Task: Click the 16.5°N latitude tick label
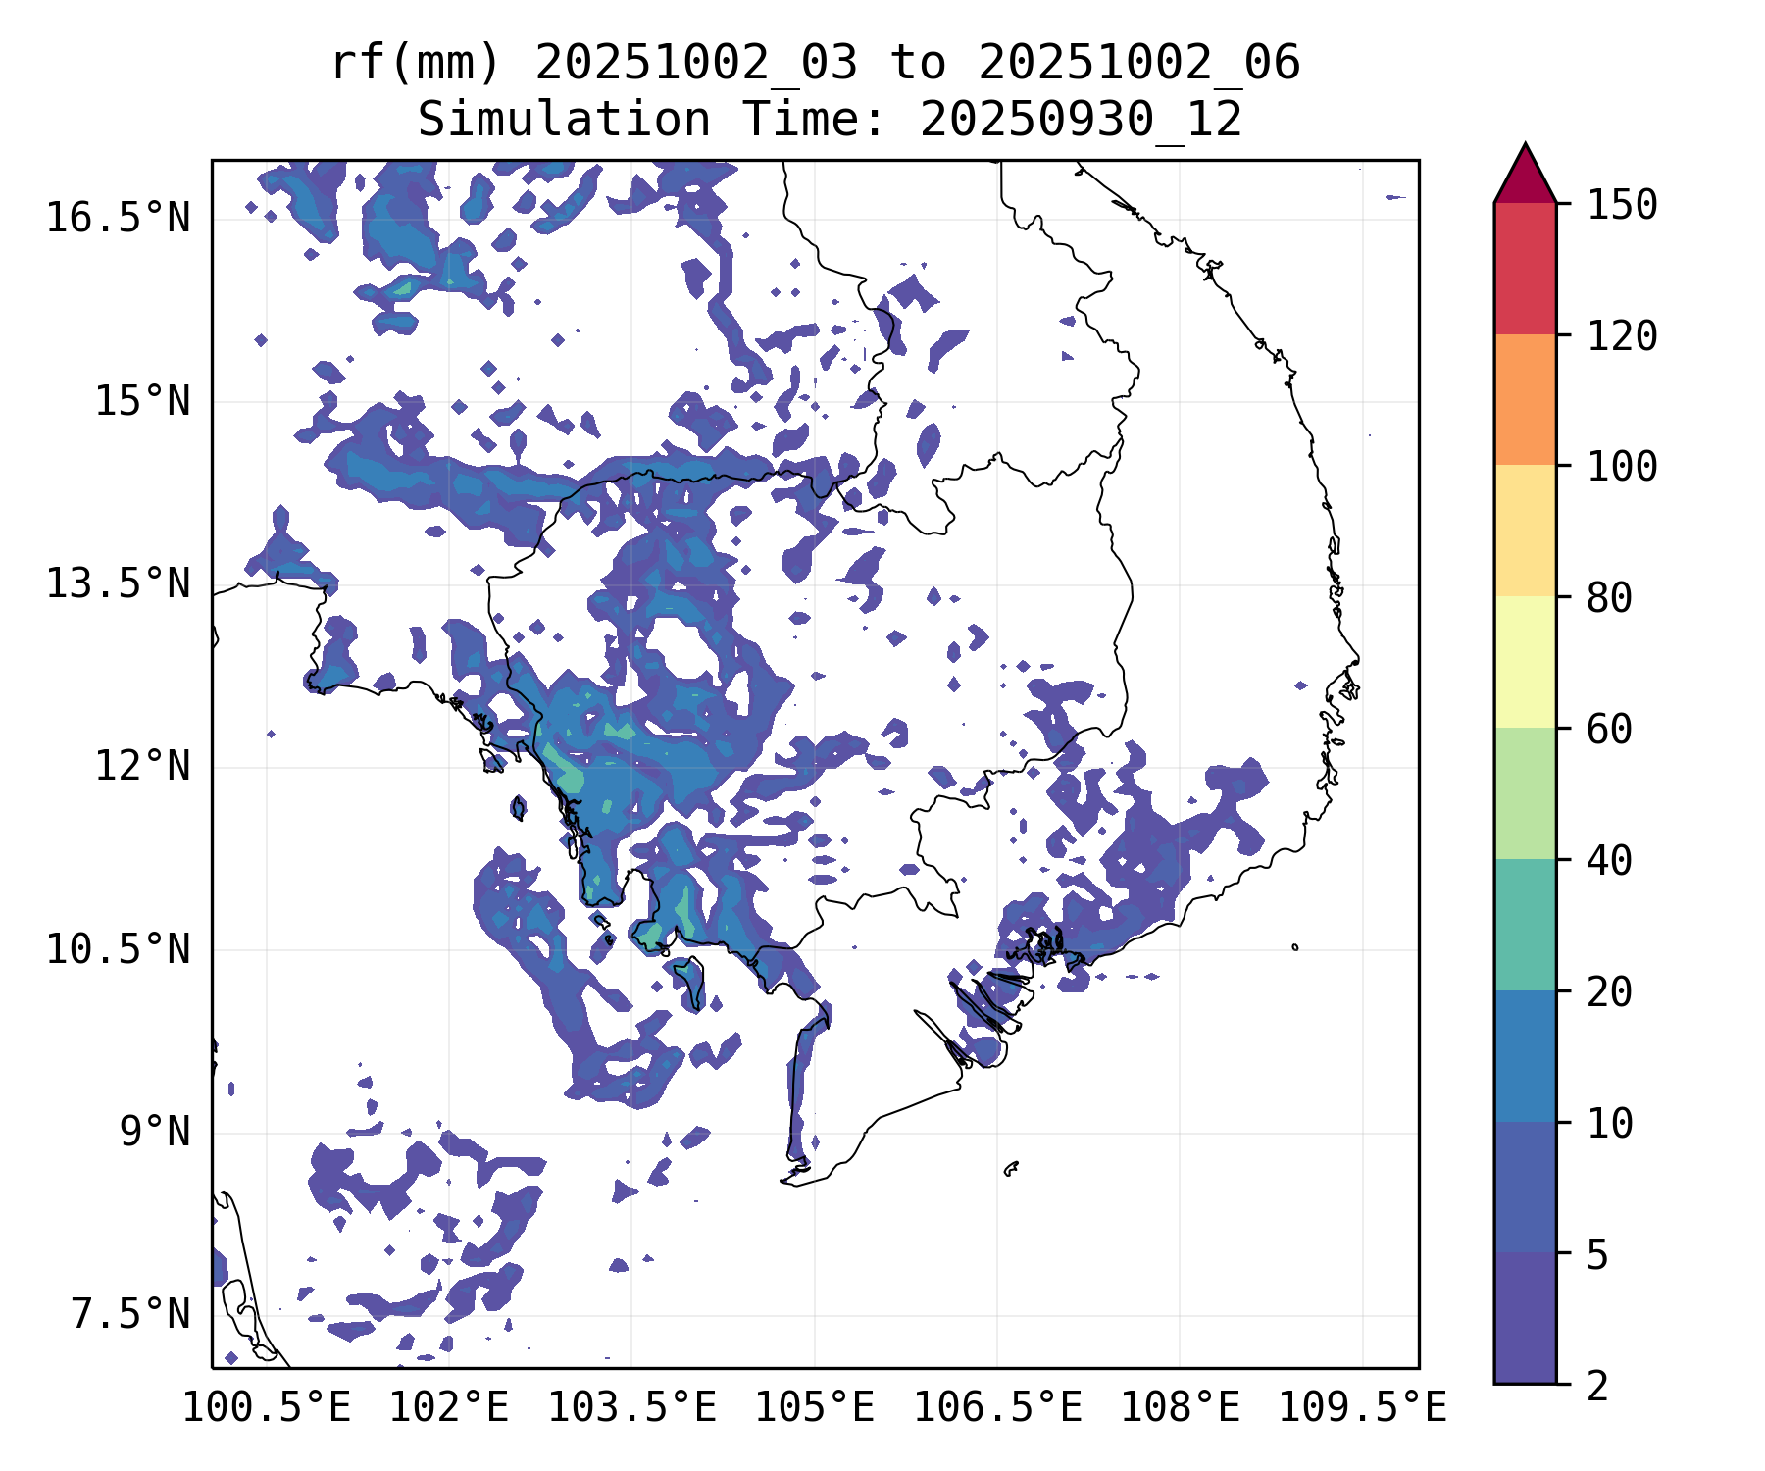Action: tap(118, 218)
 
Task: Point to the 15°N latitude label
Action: tap(141, 401)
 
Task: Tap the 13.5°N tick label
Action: tap(118, 584)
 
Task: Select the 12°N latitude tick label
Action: tap(141, 766)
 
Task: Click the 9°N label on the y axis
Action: tap(154, 1132)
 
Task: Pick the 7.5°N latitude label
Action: tap(130, 1315)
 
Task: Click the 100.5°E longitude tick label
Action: tap(267, 1408)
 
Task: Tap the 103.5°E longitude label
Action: tap(631, 1408)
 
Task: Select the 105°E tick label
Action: tap(814, 1408)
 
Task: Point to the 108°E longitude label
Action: tap(1180, 1408)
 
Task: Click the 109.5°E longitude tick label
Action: tap(1362, 1408)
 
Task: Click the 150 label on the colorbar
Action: tap(1622, 205)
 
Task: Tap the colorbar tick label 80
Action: tap(1609, 597)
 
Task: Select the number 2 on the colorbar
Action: tap(1597, 1386)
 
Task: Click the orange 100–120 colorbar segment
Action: tap(1525, 399)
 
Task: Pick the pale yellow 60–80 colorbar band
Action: tap(1525, 662)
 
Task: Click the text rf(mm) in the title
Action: tap(416, 64)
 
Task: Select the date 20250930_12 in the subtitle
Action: tap(1081, 121)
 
